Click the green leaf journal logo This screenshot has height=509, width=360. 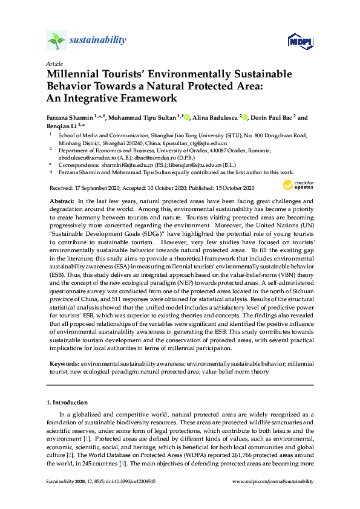click(56, 40)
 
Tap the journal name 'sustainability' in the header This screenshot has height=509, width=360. click(98, 41)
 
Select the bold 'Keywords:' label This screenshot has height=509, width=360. click(63, 364)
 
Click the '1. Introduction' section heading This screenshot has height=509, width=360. click(67, 403)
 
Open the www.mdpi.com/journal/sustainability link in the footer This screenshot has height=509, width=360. click(273, 481)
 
